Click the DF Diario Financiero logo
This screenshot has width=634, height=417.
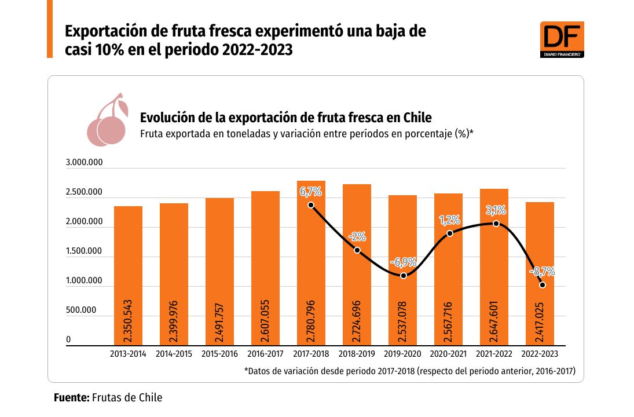562,39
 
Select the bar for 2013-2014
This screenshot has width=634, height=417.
128,276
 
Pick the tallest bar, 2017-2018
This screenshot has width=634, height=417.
311,263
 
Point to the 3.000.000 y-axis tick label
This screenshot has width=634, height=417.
85,163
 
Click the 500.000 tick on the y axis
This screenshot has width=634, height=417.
85,310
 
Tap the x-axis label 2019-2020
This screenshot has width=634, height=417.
402,353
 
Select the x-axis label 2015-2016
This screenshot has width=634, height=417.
219,353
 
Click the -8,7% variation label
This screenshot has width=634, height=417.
542,270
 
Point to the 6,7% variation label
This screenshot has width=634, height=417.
311,191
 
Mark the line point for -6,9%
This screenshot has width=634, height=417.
404,276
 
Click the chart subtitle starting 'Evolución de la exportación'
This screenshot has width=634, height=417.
286,118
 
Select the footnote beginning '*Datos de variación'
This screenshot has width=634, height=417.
409,371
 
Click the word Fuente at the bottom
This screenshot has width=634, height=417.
71,397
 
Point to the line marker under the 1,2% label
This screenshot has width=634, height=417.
450,233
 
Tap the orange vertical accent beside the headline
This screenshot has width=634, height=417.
50,29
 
